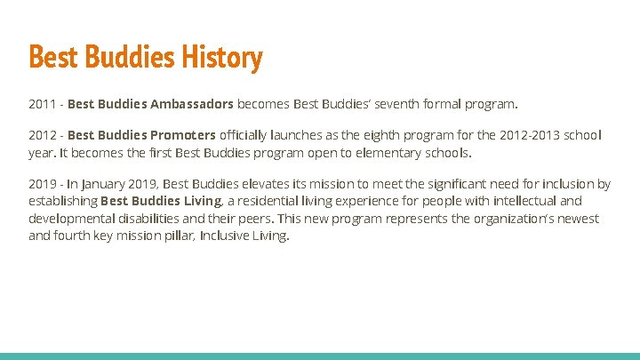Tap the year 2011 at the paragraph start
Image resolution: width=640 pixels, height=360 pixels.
[42, 104]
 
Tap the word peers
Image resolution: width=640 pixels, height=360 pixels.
[257, 219]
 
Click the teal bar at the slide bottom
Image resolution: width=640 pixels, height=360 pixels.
[320, 356]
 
